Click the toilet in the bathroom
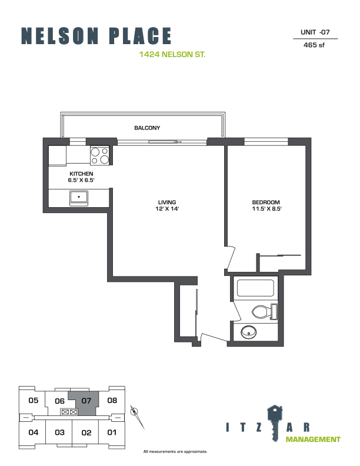tap(264, 312)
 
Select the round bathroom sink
tap(249, 332)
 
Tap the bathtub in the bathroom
tap(255, 288)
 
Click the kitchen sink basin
tap(79, 197)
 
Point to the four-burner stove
tap(100, 156)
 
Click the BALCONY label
tap(147, 128)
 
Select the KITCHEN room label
tap(81, 174)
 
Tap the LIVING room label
tap(167, 202)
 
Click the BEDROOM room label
tap(266, 202)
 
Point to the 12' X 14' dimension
tap(167, 209)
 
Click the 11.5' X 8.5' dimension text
tap(266, 209)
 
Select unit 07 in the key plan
tap(86, 401)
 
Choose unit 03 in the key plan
tap(59, 432)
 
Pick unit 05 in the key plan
tap(34, 400)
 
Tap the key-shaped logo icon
tap(275, 422)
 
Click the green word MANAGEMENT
tap(313, 440)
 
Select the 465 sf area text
tap(314, 45)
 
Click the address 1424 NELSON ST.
tap(172, 54)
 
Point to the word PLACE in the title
tap(140, 36)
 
